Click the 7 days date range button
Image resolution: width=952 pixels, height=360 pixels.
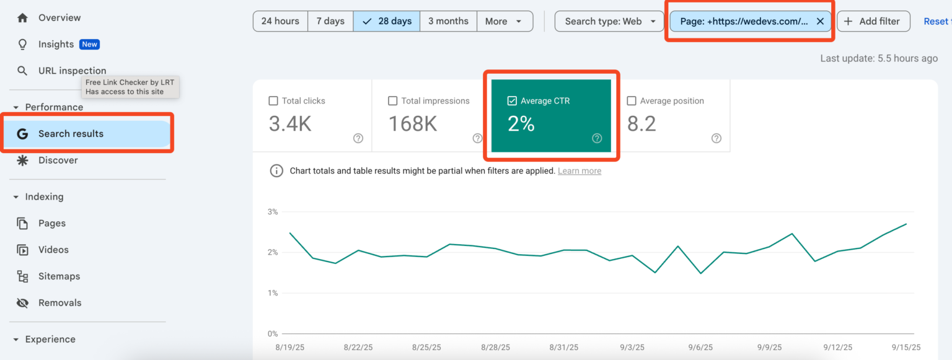coord(330,21)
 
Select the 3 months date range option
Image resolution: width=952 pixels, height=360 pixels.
coord(448,21)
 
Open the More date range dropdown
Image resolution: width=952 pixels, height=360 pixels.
coord(505,21)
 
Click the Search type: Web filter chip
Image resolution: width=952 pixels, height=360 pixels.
coord(610,21)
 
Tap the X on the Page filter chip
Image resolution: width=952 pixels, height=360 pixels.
coord(820,21)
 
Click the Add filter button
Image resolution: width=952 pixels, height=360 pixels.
coord(873,21)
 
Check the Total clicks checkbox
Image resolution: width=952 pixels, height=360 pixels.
coord(273,101)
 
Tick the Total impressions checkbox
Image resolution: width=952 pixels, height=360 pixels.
coord(392,101)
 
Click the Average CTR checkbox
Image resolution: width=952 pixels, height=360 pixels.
coord(512,101)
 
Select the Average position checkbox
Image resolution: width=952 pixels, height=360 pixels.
coord(632,101)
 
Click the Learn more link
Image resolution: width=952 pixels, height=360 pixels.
coord(579,171)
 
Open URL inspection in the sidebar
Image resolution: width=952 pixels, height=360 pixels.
coord(72,71)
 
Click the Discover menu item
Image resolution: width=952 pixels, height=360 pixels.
coord(58,160)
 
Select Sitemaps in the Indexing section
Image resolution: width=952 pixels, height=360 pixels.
coord(59,276)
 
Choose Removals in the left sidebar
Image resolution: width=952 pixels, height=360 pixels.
coord(59,303)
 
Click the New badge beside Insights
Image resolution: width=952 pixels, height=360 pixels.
coord(90,45)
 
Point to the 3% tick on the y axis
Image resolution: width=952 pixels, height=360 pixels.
coord(272,212)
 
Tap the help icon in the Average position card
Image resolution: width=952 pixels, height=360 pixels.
coord(716,138)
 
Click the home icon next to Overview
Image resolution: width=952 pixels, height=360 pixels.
coord(23,18)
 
